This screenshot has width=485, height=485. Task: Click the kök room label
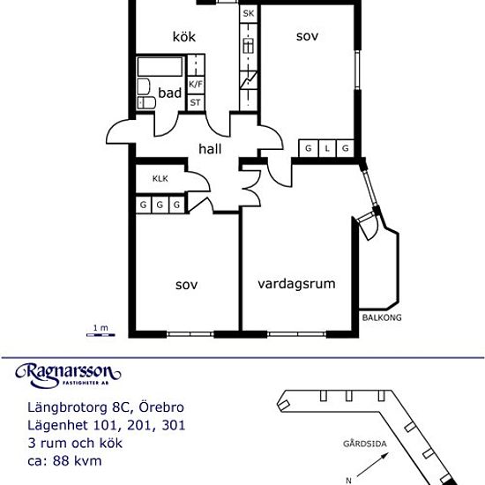[x=183, y=37]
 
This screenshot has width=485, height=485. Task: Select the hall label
[x=210, y=149]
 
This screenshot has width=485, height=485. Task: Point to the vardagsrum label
[x=297, y=284]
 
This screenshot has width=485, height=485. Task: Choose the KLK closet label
[x=160, y=179]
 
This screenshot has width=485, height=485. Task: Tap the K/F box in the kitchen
[x=196, y=85]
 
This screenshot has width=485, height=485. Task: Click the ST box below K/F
[x=195, y=103]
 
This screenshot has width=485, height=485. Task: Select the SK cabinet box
[x=248, y=14]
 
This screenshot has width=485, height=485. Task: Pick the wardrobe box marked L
[x=326, y=148]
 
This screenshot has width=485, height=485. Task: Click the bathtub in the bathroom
[x=160, y=67]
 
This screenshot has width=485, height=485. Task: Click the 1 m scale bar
[x=100, y=332]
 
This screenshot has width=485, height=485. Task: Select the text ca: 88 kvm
[x=65, y=460]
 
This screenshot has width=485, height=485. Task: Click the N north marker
[x=349, y=479]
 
